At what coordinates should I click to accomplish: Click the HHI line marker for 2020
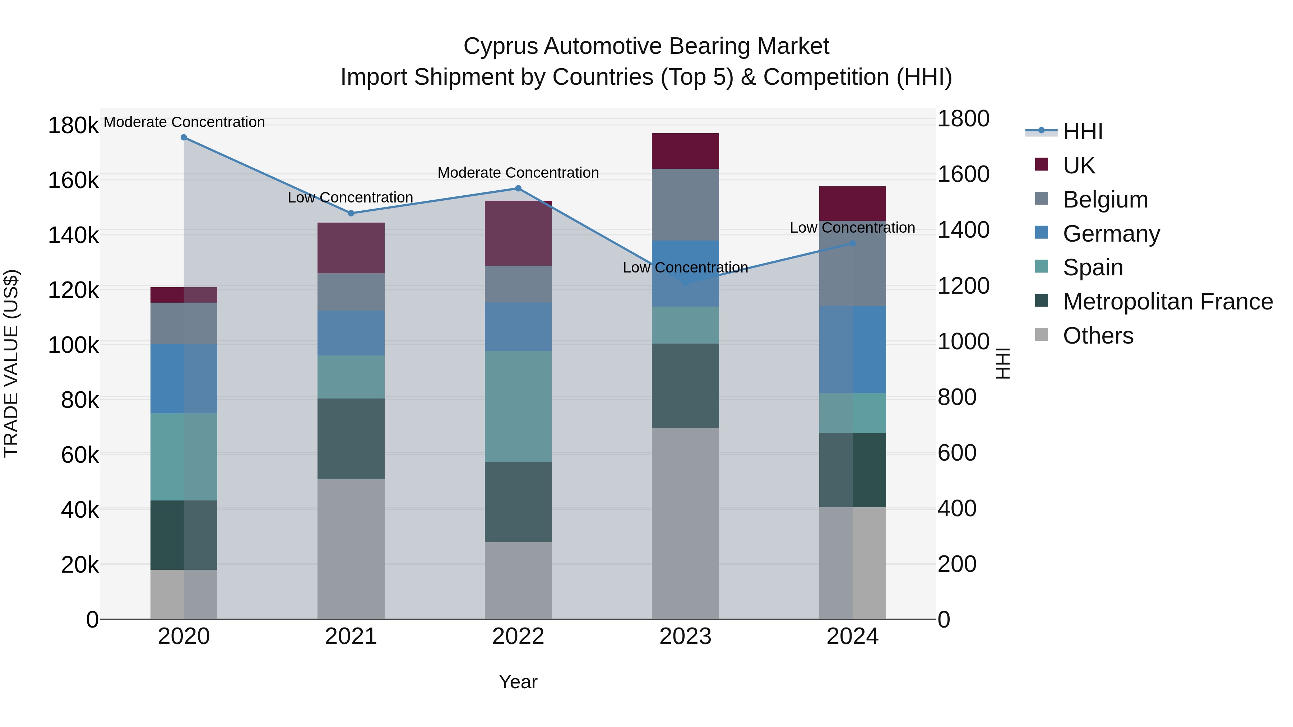184,138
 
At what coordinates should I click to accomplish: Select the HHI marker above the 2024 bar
852,243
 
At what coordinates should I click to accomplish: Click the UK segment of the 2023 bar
685,151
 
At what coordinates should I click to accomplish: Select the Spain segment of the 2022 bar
518,406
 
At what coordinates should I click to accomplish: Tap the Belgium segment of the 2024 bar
852,264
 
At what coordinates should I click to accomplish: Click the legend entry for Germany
1111,234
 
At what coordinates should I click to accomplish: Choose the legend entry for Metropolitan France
1168,302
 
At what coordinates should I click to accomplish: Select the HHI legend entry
1083,131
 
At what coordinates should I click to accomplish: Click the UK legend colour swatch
1042,164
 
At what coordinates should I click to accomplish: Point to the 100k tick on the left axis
73,345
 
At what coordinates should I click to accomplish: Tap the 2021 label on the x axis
351,637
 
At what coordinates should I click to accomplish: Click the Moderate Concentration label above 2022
518,173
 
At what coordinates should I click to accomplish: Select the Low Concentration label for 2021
350,198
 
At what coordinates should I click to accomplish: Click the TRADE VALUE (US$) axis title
11,363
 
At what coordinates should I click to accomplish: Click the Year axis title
518,682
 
